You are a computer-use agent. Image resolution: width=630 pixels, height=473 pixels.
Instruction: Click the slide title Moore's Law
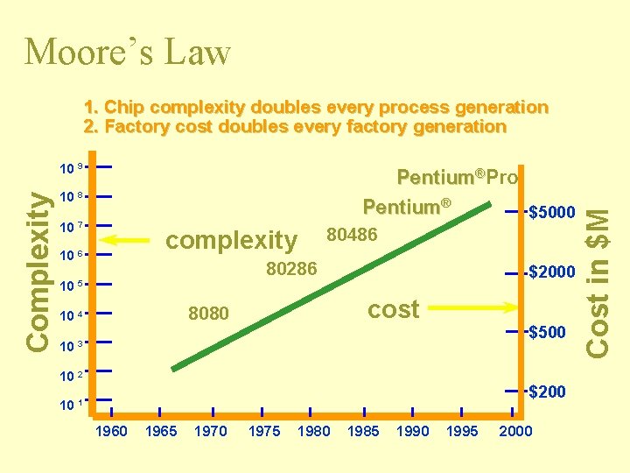click(x=128, y=53)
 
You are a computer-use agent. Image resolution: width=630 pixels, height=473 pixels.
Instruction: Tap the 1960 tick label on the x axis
click(x=111, y=431)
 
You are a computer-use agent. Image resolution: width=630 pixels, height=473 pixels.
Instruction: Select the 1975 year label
click(x=264, y=431)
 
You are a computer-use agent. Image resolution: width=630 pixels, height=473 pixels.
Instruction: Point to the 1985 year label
click(x=363, y=431)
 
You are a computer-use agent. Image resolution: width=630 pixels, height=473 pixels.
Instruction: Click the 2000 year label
click(x=514, y=431)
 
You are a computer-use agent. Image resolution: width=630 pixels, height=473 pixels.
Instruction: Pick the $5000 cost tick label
click(x=552, y=212)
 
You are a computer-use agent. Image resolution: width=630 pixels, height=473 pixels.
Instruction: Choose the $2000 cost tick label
click(x=552, y=272)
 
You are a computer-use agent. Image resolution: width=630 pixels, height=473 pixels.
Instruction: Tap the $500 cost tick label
click(x=548, y=332)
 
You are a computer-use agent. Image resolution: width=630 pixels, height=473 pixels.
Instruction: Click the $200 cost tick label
click(x=548, y=392)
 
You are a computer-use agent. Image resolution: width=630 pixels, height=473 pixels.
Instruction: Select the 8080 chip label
click(x=209, y=314)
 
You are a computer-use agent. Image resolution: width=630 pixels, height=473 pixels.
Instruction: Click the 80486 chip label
click(x=351, y=234)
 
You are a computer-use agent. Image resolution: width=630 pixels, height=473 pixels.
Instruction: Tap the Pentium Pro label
click(x=457, y=178)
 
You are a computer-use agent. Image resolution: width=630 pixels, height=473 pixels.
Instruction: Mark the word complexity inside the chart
click(x=231, y=240)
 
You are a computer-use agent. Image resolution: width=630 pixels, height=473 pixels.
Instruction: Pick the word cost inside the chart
click(x=393, y=308)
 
